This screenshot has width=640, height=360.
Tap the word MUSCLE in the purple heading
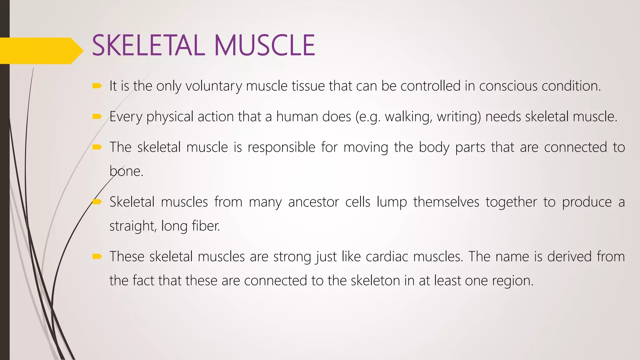point(264,46)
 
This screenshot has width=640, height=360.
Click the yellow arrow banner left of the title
point(41,51)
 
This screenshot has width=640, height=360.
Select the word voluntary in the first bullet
point(213,86)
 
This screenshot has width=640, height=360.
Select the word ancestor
point(313,202)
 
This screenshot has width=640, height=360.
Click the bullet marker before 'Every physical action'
point(97,117)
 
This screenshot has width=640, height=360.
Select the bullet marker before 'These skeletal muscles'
point(97,257)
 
